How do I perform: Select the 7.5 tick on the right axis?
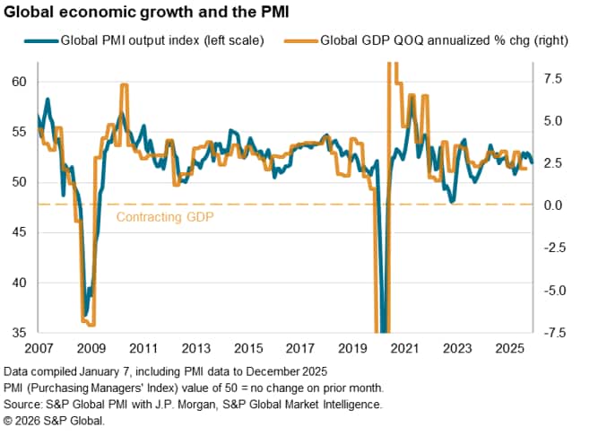tap(554, 79)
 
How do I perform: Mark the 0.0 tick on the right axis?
tap(554, 205)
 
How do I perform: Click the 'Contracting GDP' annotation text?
tap(166, 216)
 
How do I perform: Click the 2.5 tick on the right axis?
tap(554, 163)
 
